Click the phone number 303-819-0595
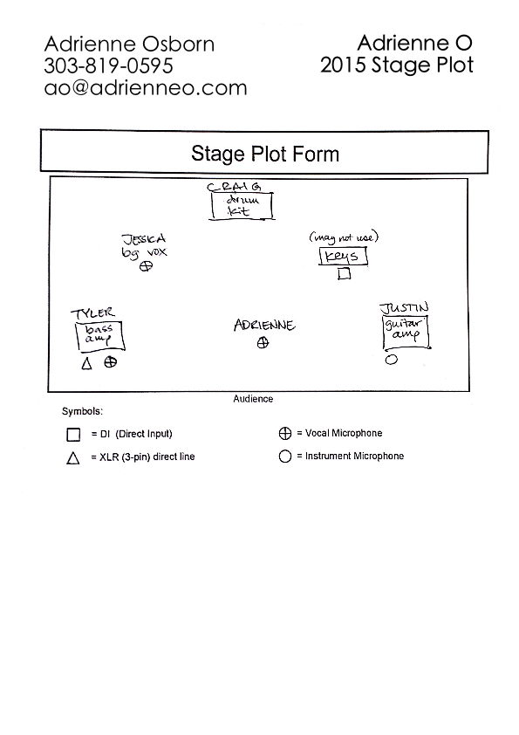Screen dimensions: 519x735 point(109,65)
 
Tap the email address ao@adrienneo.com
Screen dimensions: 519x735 point(146,87)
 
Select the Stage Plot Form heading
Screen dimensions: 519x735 point(265,154)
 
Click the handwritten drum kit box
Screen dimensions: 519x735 point(242,206)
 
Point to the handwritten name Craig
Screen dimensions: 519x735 point(235,187)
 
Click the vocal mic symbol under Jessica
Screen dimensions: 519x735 point(147,266)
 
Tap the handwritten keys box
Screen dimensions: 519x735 point(344,257)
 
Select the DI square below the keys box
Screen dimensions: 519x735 point(345,273)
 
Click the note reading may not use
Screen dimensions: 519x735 point(344,237)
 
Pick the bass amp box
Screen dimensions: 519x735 point(100,335)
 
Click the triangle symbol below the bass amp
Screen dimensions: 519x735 point(86,363)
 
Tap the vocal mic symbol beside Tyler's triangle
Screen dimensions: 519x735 point(111,362)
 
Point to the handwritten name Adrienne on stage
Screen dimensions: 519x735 point(264,325)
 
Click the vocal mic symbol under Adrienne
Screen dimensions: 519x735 point(263,343)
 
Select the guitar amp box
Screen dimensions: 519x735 point(406,333)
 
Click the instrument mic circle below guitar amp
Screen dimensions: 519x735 point(392,360)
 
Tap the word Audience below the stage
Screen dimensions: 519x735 point(253,398)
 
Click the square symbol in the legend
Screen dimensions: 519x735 point(73,435)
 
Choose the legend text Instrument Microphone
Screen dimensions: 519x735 point(355,456)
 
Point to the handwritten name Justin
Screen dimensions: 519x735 point(404,308)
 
